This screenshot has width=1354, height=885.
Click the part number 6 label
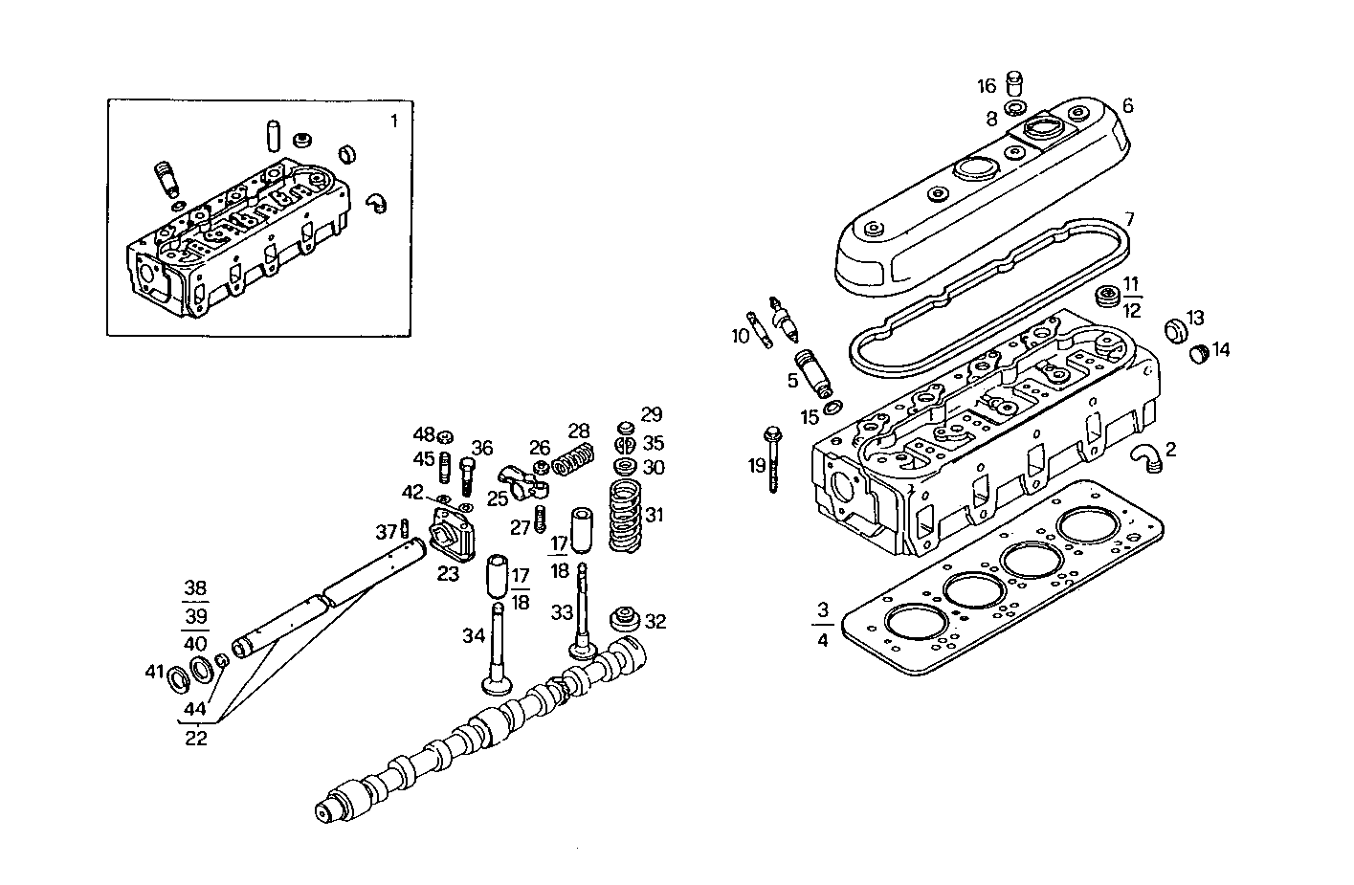(1127, 105)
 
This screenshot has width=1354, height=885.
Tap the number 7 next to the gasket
(1129, 219)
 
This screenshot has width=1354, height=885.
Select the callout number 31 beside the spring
(654, 516)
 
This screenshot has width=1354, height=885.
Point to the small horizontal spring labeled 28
(573, 461)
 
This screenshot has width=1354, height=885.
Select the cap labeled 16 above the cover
(1014, 85)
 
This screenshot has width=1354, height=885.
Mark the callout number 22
(196, 739)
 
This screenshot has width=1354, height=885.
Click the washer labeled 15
(832, 409)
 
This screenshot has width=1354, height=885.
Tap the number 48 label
(424, 434)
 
